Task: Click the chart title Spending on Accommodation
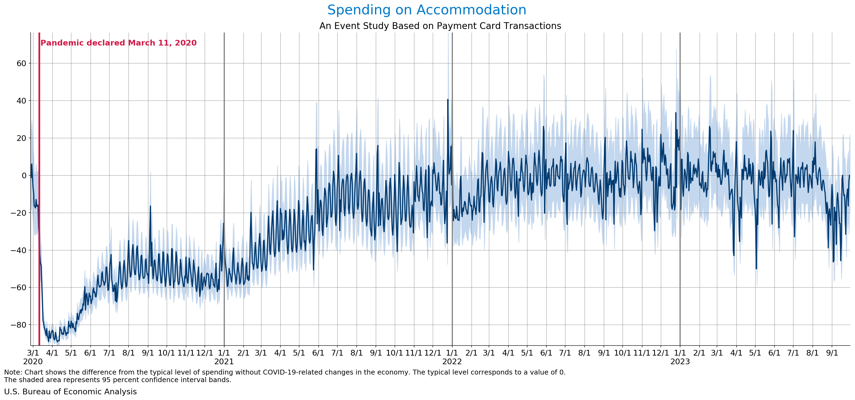pyautogui.click(x=427, y=10)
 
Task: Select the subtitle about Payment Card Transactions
pyautogui.click(x=440, y=26)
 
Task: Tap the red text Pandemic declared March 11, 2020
pyautogui.click(x=119, y=43)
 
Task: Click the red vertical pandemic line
pyautogui.click(x=39, y=199)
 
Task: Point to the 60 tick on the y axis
pyautogui.click(x=21, y=63)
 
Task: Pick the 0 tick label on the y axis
pyautogui.click(x=24, y=175)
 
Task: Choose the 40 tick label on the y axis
pyautogui.click(x=21, y=101)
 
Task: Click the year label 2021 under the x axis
pyautogui.click(x=224, y=362)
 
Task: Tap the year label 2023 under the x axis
pyautogui.click(x=680, y=362)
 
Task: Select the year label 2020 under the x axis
pyautogui.click(x=33, y=362)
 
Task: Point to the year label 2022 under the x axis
pyautogui.click(x=452, y=362)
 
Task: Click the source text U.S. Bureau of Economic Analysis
pyautogui.click(x=70, y=392)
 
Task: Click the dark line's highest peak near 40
pyautogui.click(x=447, y=99)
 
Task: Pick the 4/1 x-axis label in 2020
pyautogui.click(x=52, y=353)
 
